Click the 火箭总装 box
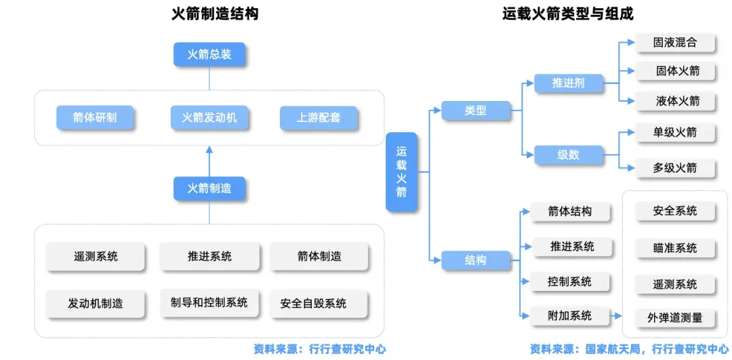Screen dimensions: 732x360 tap(209, 55)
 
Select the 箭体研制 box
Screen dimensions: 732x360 tap(95, 117)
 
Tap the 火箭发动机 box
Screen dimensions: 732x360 tap(209, 117)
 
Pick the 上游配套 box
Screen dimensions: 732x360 tap(319, 117)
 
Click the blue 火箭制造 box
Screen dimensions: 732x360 tap(209, 188)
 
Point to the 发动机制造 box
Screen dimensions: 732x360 tap(96, 304)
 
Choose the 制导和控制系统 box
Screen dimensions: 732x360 tap(209, 302)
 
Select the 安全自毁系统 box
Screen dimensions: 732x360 tap(319, 304)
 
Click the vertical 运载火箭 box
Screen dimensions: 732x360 tap(401, 172)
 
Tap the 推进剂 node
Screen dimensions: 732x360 tap(568, 83)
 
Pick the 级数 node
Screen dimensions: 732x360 tap(568, 155)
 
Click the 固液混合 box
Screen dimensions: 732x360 tap(675, 43)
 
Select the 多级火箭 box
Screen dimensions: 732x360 tap(675, 168)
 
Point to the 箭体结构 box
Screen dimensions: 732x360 tap(571, 212)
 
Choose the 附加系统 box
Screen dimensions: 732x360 tap(571, 316)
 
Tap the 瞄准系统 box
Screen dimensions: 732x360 tap(675, 247)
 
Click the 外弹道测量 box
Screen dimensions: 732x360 tap(675, 319)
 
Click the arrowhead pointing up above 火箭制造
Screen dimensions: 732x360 tap(209, 149)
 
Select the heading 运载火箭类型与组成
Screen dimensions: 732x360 tap(568, 14)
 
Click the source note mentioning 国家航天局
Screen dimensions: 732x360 tap(629, 348)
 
